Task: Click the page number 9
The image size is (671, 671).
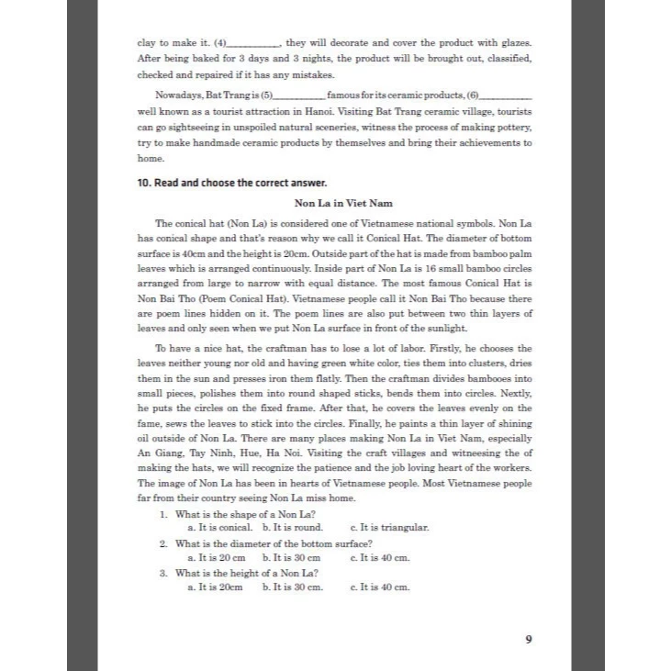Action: [x=528, y=640]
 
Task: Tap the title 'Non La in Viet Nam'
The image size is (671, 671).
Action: [x=334, y=203]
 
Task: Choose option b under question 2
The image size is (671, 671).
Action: [x=291, y=557]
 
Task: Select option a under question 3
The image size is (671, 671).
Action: [x=215, y=587]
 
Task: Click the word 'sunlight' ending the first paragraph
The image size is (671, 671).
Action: [x=443, y=328]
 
